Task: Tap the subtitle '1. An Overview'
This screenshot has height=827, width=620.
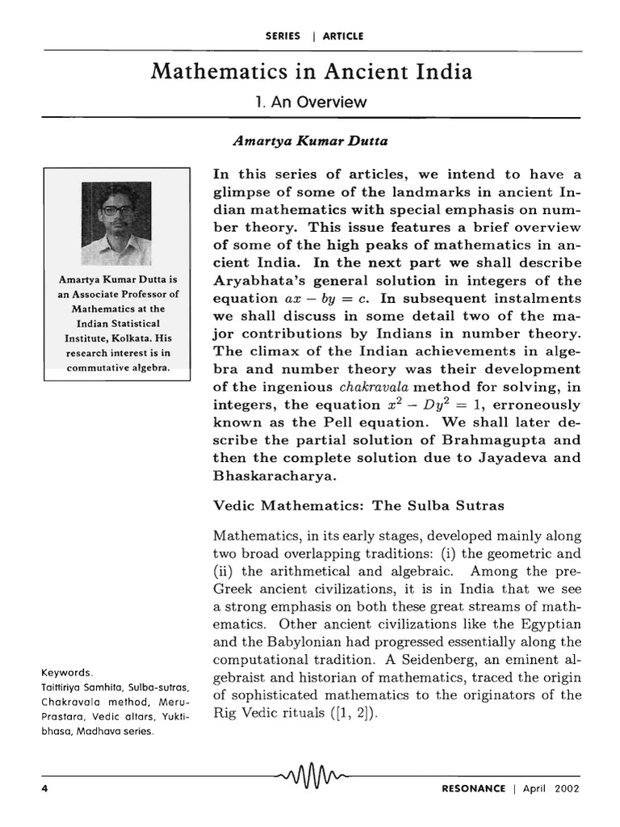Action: (x=310, y=103)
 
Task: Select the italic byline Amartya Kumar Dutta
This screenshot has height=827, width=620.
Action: (x=299, y=141)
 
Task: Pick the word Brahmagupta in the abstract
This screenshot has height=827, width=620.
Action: (x=497, y=441)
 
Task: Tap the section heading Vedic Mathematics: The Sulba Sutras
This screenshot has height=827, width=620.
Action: (x=358, y=506)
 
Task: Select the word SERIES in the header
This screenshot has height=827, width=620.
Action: (x=283, y=36)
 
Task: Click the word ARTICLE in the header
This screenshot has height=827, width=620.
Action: (x=343, y=36)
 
